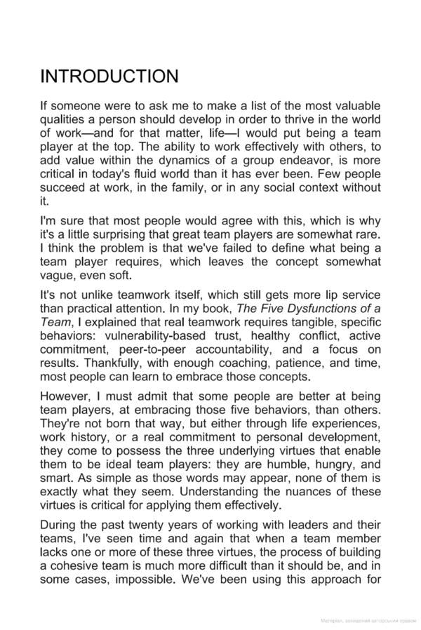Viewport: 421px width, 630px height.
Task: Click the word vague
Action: coord(57,276)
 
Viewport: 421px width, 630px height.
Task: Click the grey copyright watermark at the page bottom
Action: coord(368,621)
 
